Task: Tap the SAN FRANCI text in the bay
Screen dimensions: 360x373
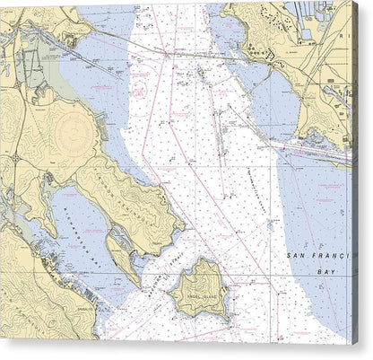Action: pos(320,257)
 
